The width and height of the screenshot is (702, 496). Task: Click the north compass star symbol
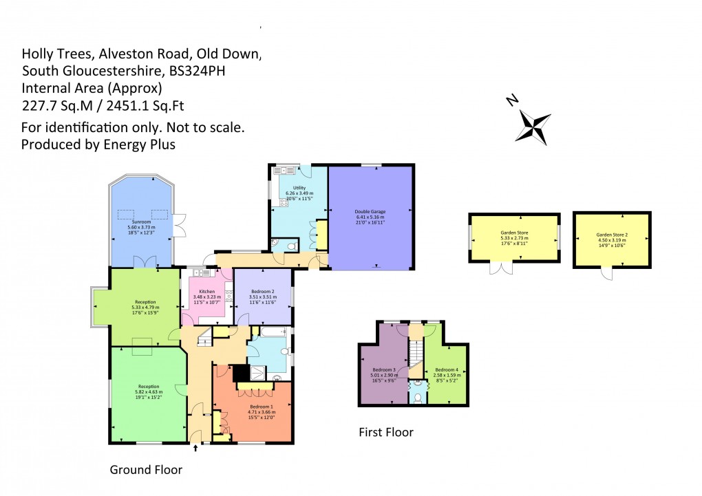point(535,126)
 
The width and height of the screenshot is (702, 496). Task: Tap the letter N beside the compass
point(512,101)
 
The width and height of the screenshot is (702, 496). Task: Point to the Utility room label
point(299,187)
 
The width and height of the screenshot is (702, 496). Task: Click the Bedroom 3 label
point(384,369)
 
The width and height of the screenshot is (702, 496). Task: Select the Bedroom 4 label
point(446,369)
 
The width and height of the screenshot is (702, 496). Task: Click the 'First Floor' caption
point(386,433)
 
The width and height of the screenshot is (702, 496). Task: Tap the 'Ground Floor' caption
point(146,470)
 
